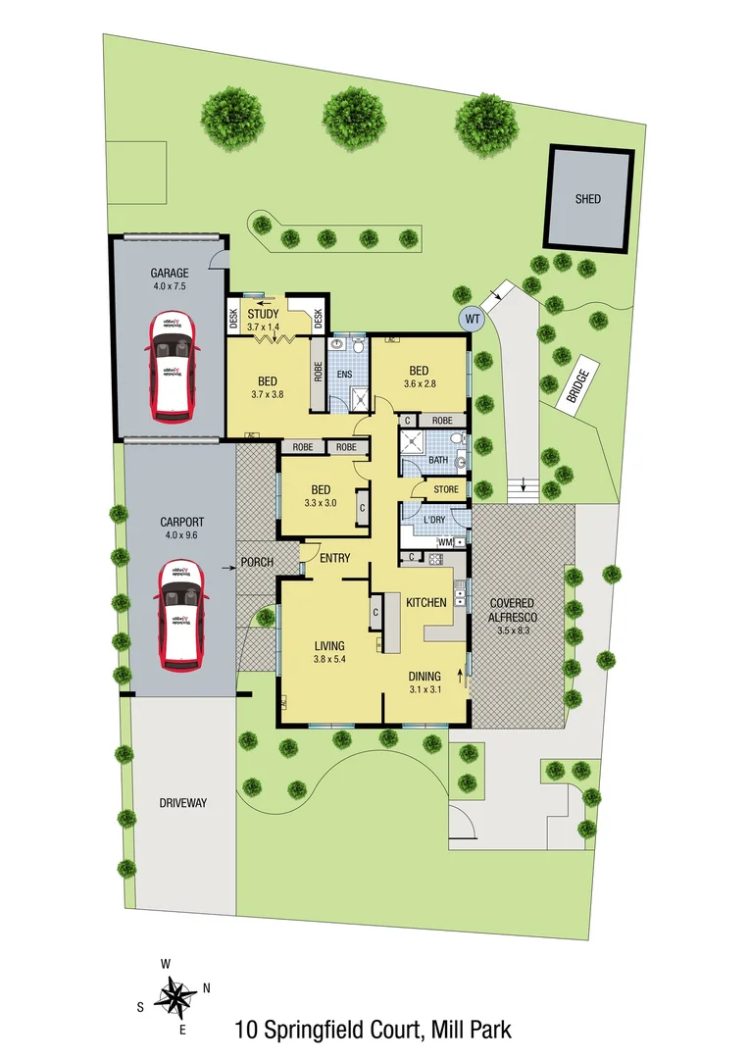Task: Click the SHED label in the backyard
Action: (x=588, y=199)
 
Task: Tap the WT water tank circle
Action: (x=472, y=318)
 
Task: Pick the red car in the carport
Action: (x=179, y=616)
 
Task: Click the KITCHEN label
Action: (x=426, y=602)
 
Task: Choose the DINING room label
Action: (x=424, y=676)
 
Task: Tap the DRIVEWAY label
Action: (x=183, y=803)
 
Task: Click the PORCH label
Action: (x=256, y=563)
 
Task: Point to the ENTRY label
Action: (x=334, y=558)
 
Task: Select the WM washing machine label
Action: (x=443, y=542)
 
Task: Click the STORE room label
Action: (x=445, y=488)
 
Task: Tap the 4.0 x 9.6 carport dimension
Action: (x=180, y=536)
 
